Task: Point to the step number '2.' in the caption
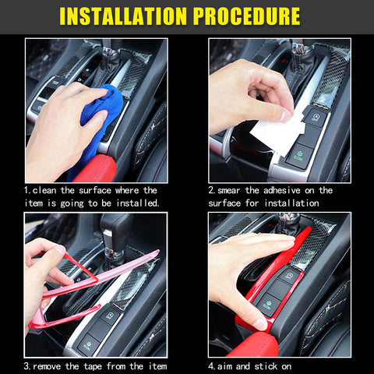(211, 190)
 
